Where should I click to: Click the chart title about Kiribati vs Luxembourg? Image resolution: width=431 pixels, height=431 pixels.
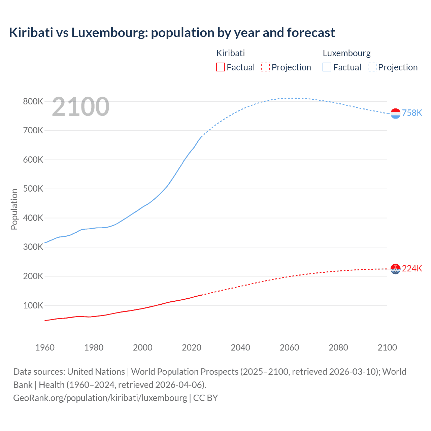click(x=172, y=33)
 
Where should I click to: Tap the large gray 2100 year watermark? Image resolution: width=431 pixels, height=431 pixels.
click(x=80, y=107)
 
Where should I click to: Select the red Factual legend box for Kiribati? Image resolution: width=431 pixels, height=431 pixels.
click(x=220, y=67)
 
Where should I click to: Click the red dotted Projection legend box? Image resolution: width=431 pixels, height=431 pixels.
click(x=265, y=67)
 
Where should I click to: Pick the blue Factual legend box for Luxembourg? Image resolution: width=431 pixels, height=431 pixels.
click(x=327, y=67)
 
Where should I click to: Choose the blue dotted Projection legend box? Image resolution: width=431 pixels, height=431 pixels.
click(x=372, y=67)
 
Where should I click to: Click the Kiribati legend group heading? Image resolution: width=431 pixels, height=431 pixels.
click(x=230, y=53)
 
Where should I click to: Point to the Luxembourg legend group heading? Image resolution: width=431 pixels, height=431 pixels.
click(x=346, y=53)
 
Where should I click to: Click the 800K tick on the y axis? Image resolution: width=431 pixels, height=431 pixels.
click(x=33, y=101)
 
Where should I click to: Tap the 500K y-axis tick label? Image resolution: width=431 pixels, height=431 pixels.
click(x=33, y=189)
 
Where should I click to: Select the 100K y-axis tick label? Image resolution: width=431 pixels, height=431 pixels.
click(x=33, y=305)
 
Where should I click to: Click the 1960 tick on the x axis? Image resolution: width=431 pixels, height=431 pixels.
click(x=45, y=347)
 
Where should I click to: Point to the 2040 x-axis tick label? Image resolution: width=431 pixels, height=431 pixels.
click(x=240, y=347)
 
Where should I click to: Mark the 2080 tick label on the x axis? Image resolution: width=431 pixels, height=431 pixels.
click(x=338, y=347)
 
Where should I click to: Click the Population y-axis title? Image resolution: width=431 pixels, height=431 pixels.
click(x=14, y=209)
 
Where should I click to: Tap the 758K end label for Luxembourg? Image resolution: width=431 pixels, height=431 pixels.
click(x=412, y=113)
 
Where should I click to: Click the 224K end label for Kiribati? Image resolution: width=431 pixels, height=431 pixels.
click(x=412, y=268)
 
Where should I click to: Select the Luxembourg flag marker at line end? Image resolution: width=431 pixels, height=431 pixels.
click(x=395, y=113)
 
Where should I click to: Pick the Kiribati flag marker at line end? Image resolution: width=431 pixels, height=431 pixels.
click(x=395, y=269)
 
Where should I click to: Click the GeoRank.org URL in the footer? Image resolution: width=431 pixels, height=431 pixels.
click(x=100, y=398)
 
